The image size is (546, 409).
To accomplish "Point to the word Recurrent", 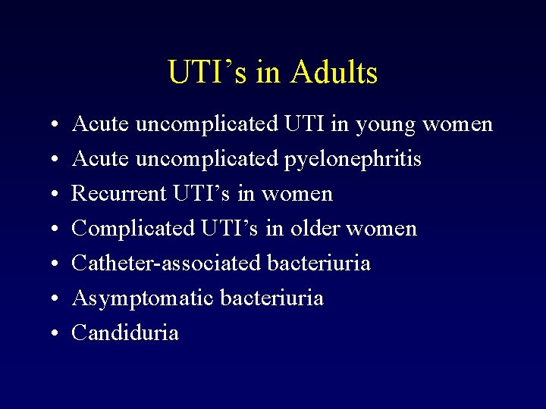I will coord(118,194).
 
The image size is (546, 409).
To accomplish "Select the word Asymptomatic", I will coord(143,298).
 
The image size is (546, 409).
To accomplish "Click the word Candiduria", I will coord(125,333).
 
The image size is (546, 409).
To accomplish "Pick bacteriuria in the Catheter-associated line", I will coord(319,264).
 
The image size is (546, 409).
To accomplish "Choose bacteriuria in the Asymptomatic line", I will coord(272,298).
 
